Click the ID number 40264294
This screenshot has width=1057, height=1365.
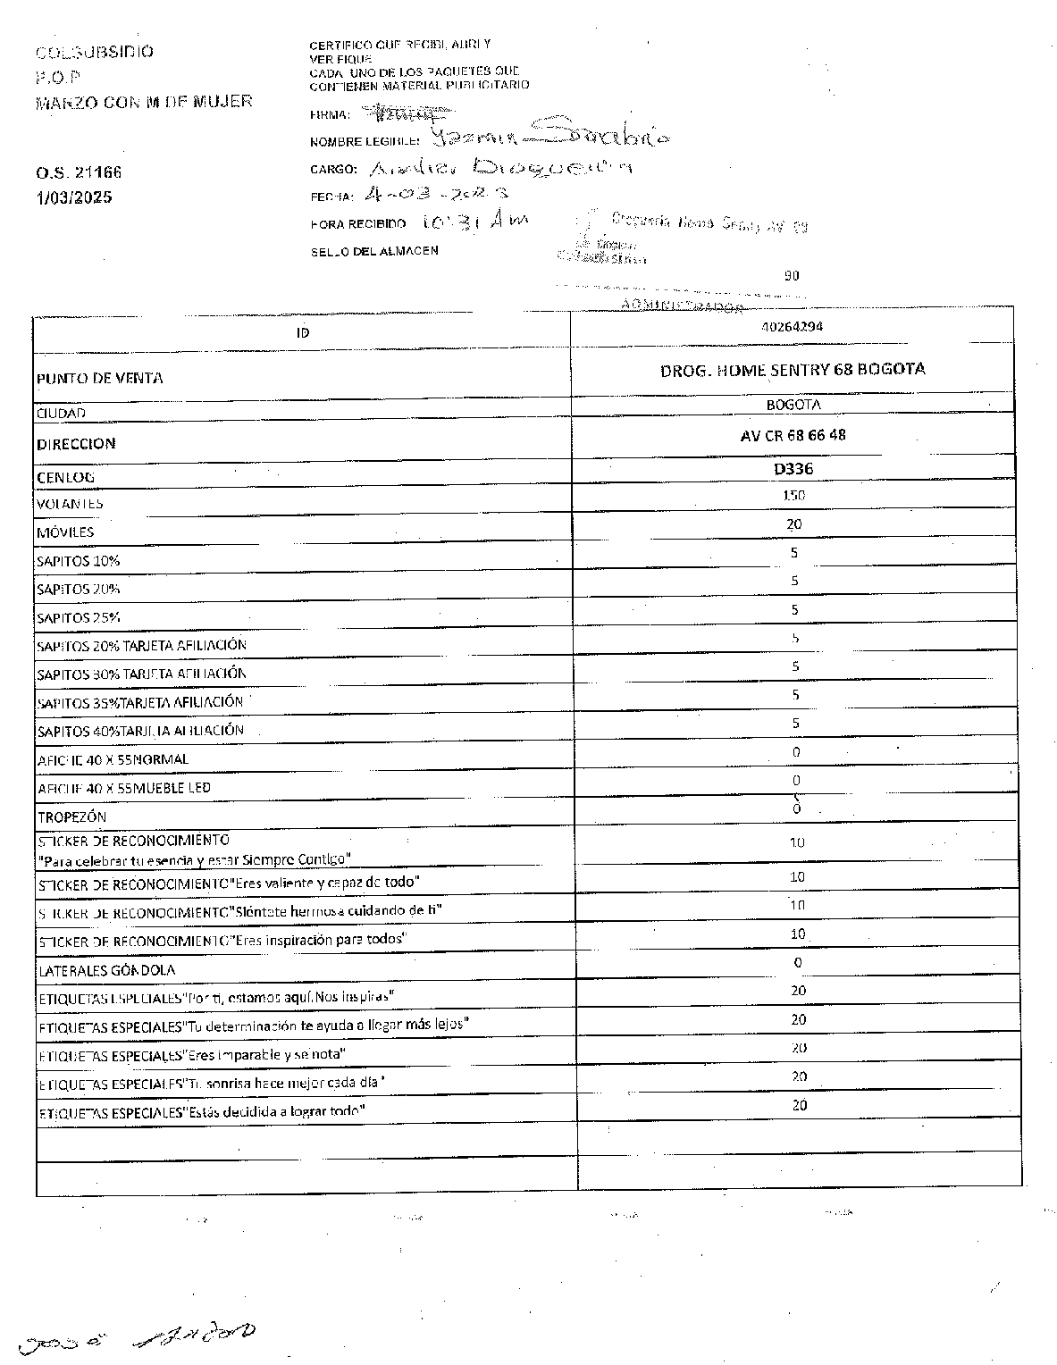click(x=793, y=327)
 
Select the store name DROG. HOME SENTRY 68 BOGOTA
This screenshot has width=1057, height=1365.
click(x=793, y=369)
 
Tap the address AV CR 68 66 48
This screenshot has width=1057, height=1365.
click(x=793, y=435)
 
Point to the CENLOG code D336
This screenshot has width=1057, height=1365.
click(x=793, y=468)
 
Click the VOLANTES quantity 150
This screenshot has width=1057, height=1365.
click(x=793, y=495)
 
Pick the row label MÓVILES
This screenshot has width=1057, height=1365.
click(x=65, y=532)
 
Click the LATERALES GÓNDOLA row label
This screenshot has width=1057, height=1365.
click(x=106, y=970)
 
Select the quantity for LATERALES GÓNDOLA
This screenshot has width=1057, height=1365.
click(x=797, y=962)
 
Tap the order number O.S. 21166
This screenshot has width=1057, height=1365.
click(x=80, y=172)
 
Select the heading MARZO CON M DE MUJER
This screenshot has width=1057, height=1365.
click(x=144, y=102)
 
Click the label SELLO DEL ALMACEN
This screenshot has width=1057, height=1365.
click(x=374, y=251)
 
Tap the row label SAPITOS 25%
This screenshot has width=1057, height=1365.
click(x=79, y=617)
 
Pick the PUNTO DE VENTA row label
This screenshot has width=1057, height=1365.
click(x=100, y=378)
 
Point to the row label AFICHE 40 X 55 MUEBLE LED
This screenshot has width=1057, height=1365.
click(x=124, y=788)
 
